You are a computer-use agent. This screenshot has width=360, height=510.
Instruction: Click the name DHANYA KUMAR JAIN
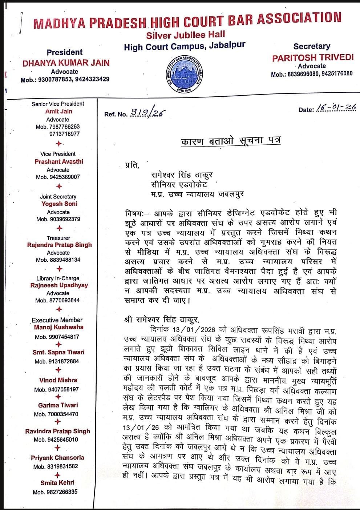tap(66, 63)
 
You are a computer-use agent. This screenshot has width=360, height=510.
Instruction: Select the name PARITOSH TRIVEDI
tap(313, 57)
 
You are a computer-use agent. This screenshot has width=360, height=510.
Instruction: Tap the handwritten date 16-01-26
tap(336, 108)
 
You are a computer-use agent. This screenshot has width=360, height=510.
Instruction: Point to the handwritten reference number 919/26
tap(147, 113)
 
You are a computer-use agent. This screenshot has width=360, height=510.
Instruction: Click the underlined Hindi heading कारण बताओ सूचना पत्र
tap(231, 140)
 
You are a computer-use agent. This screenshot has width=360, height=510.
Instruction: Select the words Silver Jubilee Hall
tap(186, 35)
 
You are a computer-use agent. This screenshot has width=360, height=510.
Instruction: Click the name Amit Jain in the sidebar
tap(59, 112)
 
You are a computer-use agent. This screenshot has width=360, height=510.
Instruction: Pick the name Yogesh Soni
tap(59, 204)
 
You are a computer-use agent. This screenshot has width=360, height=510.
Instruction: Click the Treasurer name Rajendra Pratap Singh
tap(60, 245)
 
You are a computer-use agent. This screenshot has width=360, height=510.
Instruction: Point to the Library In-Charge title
tap(58, 278)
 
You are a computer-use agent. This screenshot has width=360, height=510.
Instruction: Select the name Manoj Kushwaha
tap(58, 327)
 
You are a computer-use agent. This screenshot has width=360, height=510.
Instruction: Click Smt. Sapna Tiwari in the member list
tap(58, 352)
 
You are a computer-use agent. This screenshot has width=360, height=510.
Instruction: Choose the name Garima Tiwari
tap(58, 405)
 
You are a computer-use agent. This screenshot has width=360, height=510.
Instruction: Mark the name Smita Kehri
tap(57, 483)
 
